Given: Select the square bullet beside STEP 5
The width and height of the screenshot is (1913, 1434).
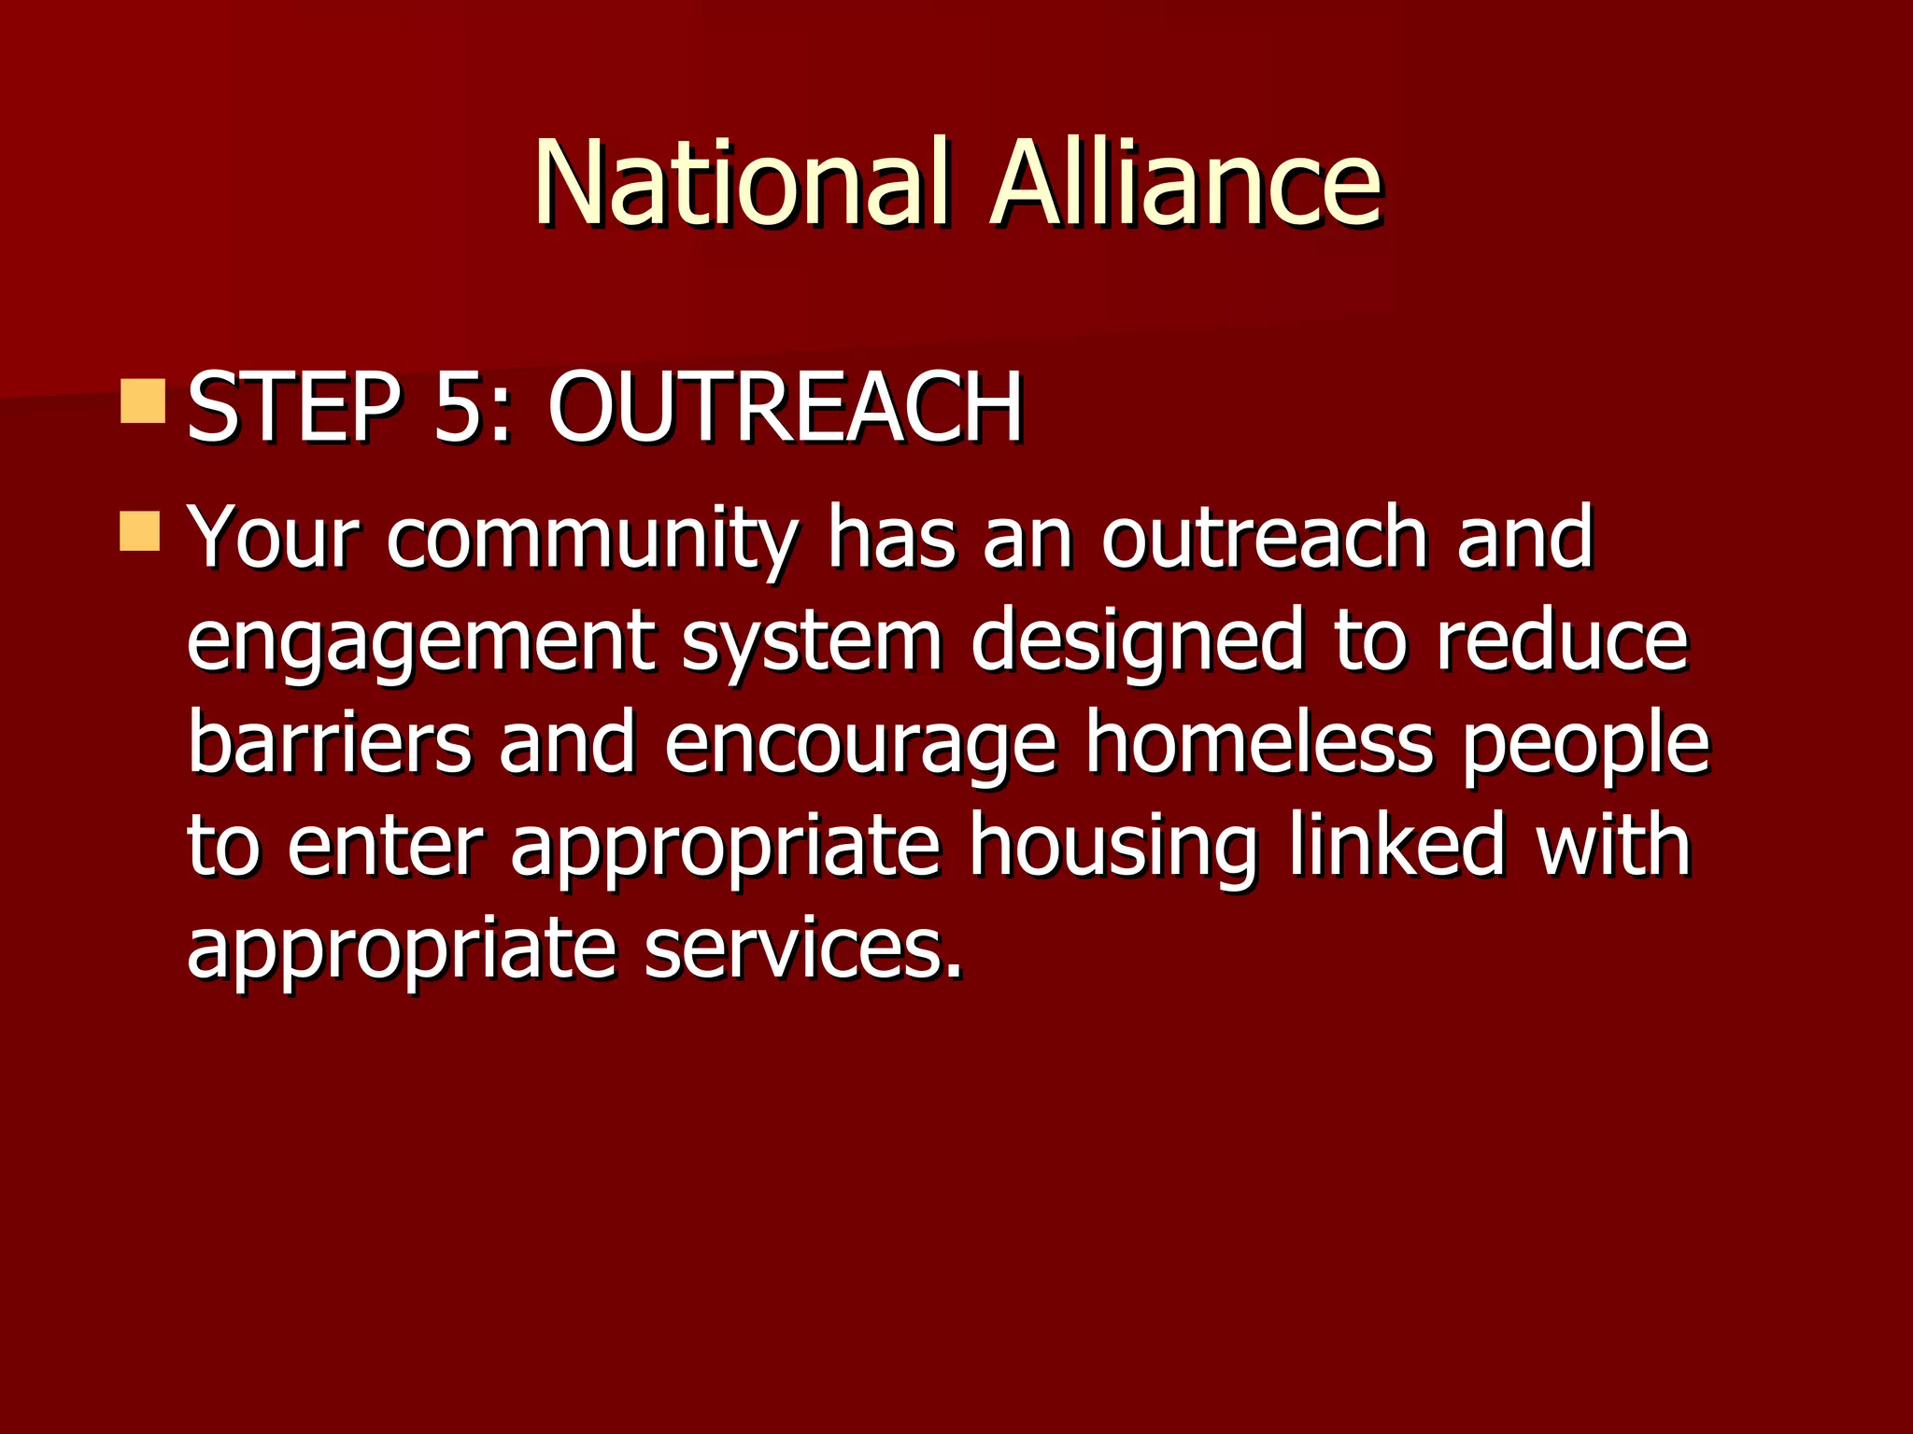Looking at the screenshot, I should coord(143,401).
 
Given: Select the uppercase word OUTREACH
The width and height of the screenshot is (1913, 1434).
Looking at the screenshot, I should coord(786,408).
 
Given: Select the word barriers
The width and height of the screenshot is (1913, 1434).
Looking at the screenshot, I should coord(330,742).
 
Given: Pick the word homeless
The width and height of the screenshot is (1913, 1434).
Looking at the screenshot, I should coord(1258,742).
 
